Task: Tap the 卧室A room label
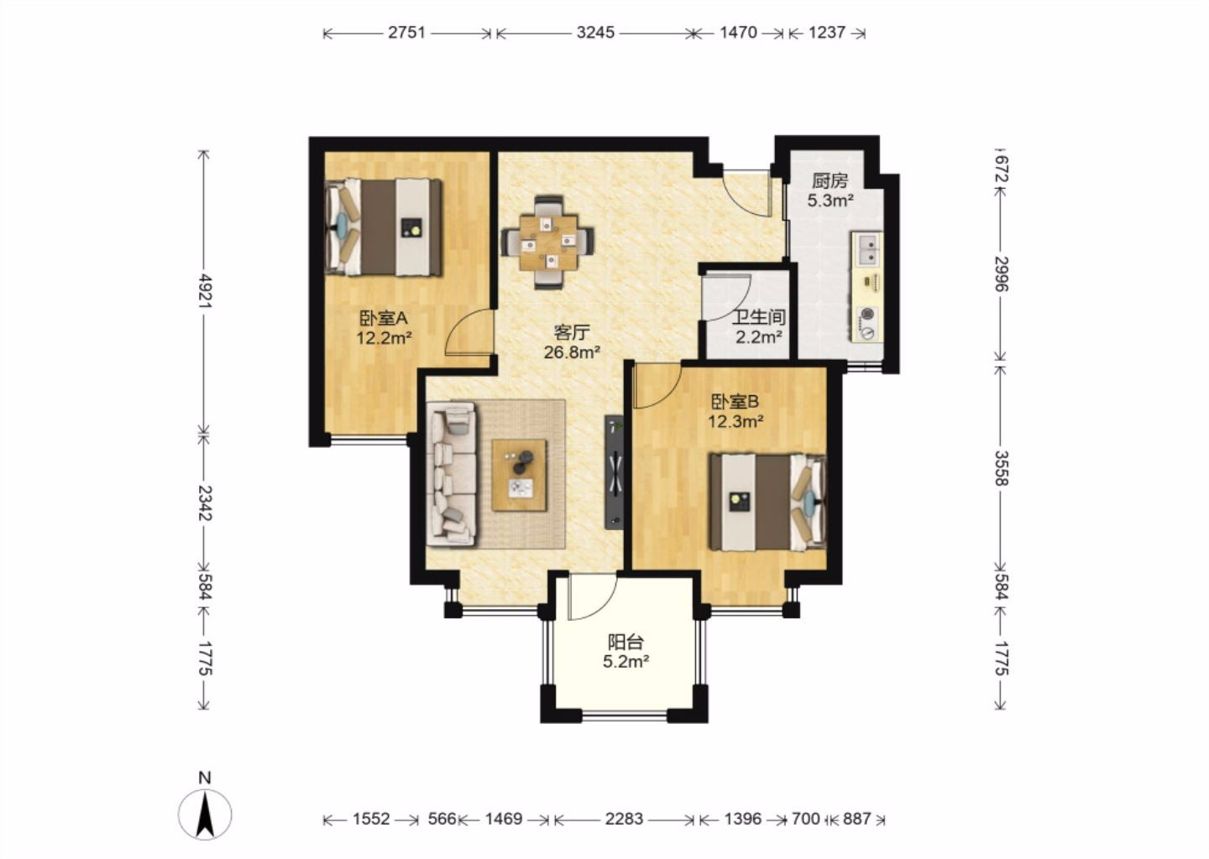point(383,318)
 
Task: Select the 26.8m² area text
point(572,352)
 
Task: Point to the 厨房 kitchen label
point(830,180)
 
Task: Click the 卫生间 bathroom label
point(758,317)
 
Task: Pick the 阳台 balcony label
point(626,642)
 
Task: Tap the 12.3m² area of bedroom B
point(735,421)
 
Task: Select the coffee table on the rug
point(519,475)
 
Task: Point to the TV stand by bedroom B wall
point(615,471)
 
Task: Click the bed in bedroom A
point(383,227)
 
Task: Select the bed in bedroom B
point(767,502)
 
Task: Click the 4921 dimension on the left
point(205,291)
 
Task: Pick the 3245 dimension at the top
point(595,33)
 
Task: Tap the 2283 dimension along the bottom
point(624,819)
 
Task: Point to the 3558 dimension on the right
point(1001,468)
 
